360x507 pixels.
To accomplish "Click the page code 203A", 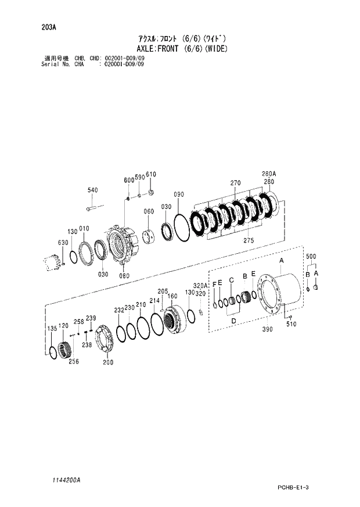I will (48, 27).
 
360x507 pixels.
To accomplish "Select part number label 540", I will (93, 190).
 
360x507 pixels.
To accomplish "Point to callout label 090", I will (178, 194).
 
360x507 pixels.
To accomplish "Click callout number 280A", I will (269, 174).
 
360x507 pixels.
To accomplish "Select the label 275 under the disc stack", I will (248, 240).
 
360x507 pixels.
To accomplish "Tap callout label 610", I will (151, 174).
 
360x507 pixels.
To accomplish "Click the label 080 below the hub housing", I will (124, 275).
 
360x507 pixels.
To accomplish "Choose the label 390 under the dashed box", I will (267, 329).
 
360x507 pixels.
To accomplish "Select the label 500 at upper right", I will (311, 256).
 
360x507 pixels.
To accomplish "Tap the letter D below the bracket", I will (233, 320).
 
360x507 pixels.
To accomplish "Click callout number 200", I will (107, 362).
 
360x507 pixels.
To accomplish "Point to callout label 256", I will (73, 361).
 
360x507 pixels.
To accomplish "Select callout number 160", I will (172, 296).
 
